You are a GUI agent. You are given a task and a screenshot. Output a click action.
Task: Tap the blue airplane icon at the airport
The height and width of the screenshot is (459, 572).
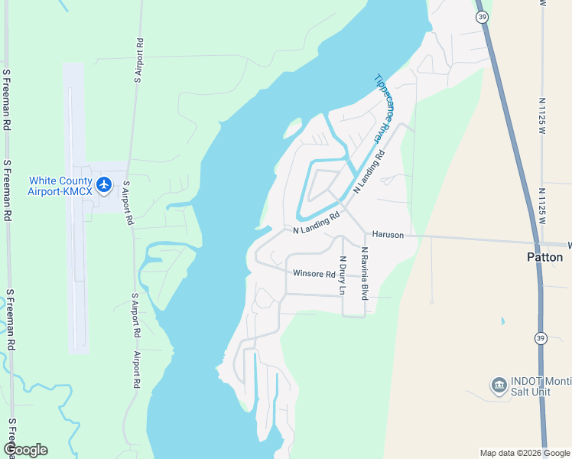click(x=105, y=185)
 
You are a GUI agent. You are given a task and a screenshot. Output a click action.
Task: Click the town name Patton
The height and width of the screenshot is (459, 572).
click(x=545, y=257)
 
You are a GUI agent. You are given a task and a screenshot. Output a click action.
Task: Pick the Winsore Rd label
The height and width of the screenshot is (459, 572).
click(x=314, y=274)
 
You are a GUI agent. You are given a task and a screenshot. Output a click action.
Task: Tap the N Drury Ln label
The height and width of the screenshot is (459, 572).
click(x=343, y=275)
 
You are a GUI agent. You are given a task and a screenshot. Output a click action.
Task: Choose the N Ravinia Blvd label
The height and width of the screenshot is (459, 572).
click(x=365, y=273)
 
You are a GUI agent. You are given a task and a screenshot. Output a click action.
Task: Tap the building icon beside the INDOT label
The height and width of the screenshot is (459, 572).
click(x=499, y=384)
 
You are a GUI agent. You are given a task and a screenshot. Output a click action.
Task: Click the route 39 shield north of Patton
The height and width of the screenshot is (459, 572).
click(x=481, y=16)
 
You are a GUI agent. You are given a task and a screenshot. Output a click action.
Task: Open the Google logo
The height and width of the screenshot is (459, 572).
click(x=25, y=450)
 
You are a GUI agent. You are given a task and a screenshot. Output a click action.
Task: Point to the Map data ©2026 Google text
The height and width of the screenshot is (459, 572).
click(x=525, y=453)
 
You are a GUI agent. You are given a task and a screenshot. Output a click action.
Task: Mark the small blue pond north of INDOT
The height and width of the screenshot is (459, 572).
click(x=502, y=321)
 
